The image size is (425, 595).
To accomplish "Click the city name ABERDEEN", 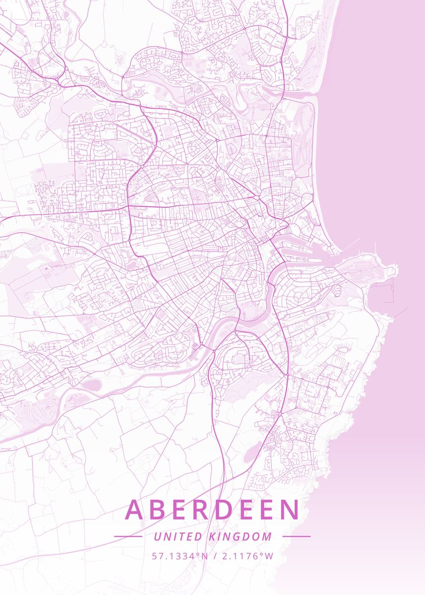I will tap(212, 510).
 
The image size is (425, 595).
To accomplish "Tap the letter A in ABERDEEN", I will tap(135, 510).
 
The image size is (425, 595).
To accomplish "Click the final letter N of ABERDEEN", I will tap(289, 510).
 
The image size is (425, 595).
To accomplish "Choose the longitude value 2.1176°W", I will tap(247, 556).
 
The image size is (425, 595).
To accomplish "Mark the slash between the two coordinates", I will tap(214, 556).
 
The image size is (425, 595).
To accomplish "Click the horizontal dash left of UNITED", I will tap(128, 536).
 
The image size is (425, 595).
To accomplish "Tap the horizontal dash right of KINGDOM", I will tap(297, 536).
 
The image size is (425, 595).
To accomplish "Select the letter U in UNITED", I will tap(157, 536).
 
